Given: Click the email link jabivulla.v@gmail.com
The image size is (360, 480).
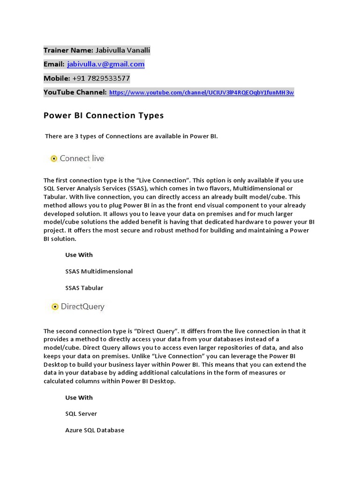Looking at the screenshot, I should pyautogui.click(x=105, y=64).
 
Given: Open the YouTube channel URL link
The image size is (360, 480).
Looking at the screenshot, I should pyautogui.click(x=202, y=93).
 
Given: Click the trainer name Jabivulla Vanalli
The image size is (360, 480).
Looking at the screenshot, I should pyautogui.click(x=123, y=50).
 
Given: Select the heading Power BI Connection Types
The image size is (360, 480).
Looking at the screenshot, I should pyautogui.click(x=104, y=115).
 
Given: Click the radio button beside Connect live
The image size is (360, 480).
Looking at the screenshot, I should pyautogui.click(x=54, y=158).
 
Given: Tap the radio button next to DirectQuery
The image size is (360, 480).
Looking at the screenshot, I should pyautogui.click(x=54, y=307).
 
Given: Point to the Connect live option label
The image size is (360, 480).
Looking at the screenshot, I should pyautogui.click(x=82, y=158).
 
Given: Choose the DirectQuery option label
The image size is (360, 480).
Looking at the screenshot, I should pyautogui.click(x=83, y=307).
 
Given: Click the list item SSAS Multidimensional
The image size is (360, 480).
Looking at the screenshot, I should pyautogui.click(x=99, y=271).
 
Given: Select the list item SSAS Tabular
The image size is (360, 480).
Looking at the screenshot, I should pyautogui.click(x=84, y=288).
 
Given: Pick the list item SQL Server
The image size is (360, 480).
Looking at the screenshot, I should pyautogui.click(x=81, y=414).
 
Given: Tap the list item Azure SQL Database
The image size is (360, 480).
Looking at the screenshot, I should pyautogui.click(x=95, y=430).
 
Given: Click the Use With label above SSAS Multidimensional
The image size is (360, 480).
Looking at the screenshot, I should pyautogui.click(x=79, y=255).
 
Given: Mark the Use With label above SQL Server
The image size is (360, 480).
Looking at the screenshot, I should pyautogui.click(x=79, y=397).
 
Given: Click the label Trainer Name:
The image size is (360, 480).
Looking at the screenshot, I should pyautogui.click(x=68, y=50).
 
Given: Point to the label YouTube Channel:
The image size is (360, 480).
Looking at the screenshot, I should pyautogui.click(x=75, y=92).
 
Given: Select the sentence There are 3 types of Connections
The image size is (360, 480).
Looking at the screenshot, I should pyautogui.click(x=131, y=136).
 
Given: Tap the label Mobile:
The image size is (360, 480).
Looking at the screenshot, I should pyautogui.click(x=57, y=78).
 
